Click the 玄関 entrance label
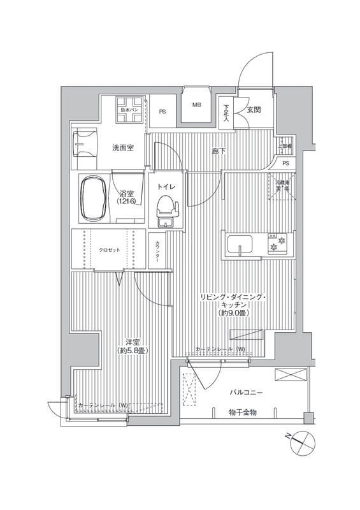click(x=254, y=110)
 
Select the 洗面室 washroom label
click(x=123, y=148)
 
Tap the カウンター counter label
click(x=157, y=249)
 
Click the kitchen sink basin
click(x=240, y=244)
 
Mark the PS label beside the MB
click(x=163, y=110)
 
